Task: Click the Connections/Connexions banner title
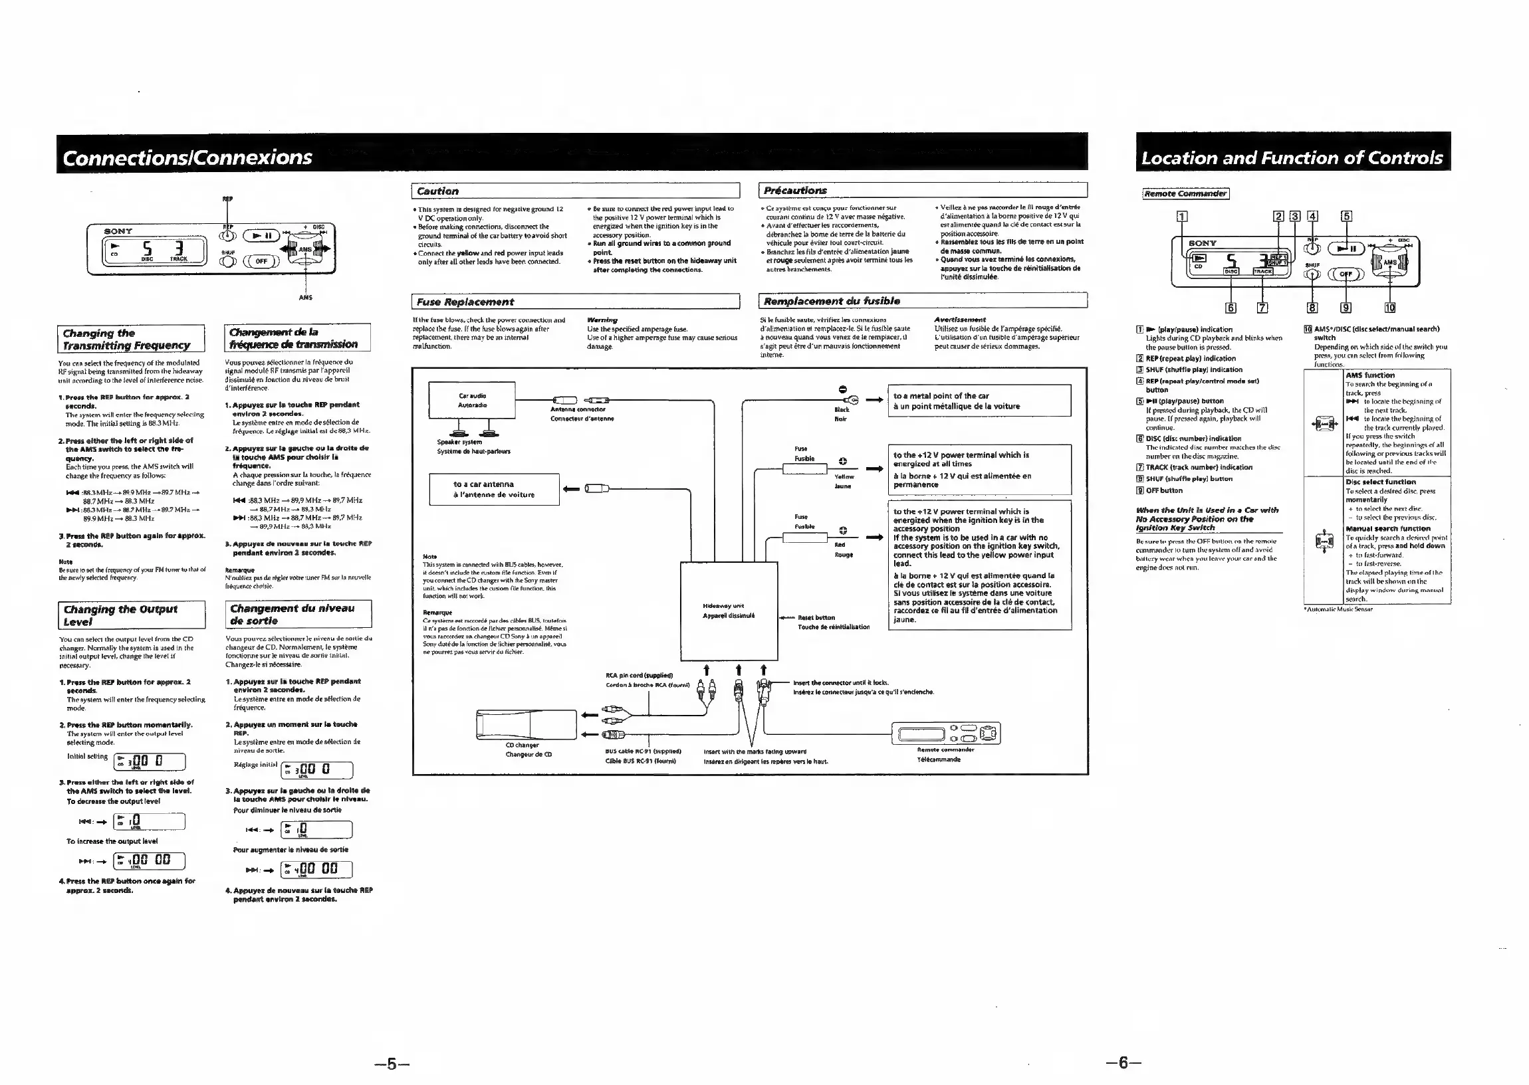click(187, 157)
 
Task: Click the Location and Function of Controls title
click(1292, 157)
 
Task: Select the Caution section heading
click(437, 191)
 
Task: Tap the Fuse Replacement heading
click(465, 302)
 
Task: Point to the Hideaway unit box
click(729, 611)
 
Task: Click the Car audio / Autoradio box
click(472, 400)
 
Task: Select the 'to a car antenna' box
click(493, 490)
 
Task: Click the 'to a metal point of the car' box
click(979, 401)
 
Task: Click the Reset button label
click(816, 618)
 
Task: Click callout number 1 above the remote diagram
click(1182, 216)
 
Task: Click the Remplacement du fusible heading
click(832, 301)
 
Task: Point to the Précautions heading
click(794, 191)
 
